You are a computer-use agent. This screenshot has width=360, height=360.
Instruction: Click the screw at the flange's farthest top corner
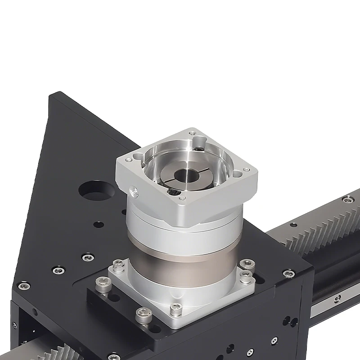193,133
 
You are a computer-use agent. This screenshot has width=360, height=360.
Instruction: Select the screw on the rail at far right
347,198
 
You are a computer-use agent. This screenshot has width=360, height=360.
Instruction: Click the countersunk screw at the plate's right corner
287,273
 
